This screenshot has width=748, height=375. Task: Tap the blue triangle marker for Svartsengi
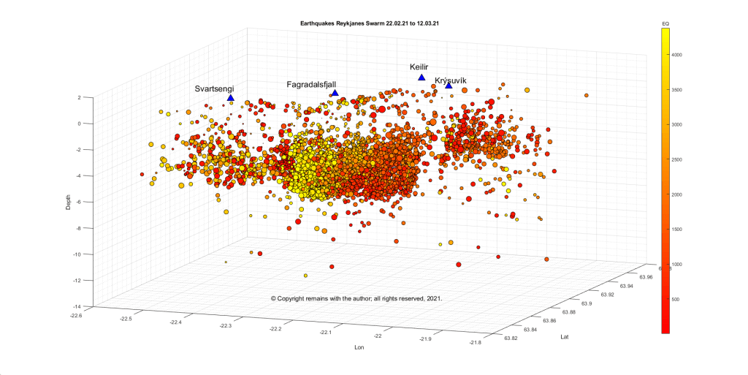[x=231, y=98]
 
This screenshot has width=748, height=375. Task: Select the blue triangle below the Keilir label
[x=421, y=77]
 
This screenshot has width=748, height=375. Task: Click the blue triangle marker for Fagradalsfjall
[x=335, y=93]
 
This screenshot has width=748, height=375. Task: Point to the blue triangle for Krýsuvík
[x=449, y=86]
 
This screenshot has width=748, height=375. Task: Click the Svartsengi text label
[x=214, y=88]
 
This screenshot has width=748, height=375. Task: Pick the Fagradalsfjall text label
[x=311, y=85]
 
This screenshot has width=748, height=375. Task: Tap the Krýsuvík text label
[x=450, y=80]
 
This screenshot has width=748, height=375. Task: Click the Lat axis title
[x=564, y=337]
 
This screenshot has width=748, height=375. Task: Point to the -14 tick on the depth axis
[x=86, y=306]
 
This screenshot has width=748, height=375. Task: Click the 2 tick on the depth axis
[x=89, y=97]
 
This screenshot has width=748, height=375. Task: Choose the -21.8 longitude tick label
[x=475, y=342]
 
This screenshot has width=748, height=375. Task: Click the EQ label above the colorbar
[x=665, y=26]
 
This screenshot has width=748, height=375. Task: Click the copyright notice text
[x=356, y=298]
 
